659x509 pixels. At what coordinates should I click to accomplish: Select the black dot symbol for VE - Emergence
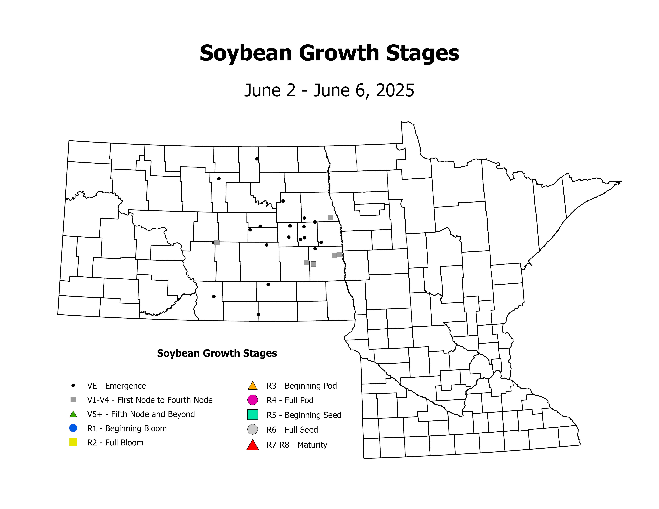[73, 385]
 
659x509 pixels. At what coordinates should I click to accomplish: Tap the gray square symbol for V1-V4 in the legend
[73, 400]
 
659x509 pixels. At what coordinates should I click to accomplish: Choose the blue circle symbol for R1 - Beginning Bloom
[73, 428]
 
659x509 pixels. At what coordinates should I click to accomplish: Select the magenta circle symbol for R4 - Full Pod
[253, 400]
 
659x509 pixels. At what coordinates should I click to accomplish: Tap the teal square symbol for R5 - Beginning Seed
[253, 415]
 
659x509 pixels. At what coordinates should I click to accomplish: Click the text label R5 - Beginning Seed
[304, 415]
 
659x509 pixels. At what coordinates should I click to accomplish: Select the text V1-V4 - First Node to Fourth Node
[150, 400]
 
